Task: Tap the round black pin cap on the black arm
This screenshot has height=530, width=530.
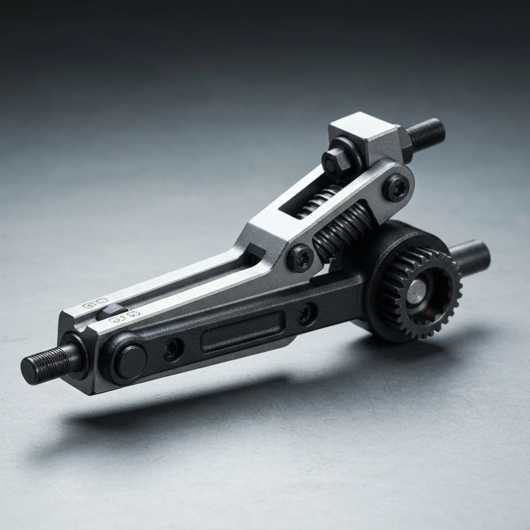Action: tap(130, 361)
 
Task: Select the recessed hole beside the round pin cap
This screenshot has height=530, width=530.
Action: tap(172, 350)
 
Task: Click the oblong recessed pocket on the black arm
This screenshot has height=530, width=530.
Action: tap(242, 331)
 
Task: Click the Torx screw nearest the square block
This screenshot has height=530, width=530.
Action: tap(396, 188)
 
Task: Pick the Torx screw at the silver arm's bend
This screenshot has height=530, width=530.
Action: tap(301, 257)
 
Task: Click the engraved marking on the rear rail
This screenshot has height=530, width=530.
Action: tap(95, 303)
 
